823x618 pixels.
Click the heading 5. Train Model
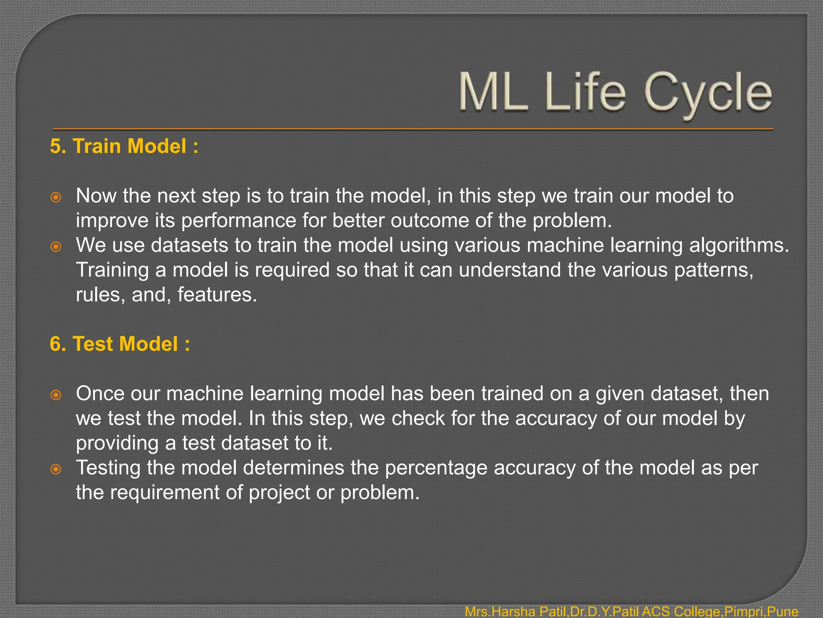pyautogui.click(x=124, y=146)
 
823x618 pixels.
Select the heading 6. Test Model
pyautogui.click(x=119, y=344)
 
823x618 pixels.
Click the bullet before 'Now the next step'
pyautogui.click(x=56, y=197)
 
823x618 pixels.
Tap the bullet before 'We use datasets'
pyautogui.click(x=56, y=246)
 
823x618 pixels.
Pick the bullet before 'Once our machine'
pyautogui.click(x=56, y=395)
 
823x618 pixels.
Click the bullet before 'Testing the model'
pyautogui.click(x=56, y=469)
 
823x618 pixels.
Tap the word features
pyautogui.click(x=217, y=295)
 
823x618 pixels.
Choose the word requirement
pyautogui.click(x=164, y=493)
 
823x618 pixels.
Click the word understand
pyautogui.click(x=510, y=270)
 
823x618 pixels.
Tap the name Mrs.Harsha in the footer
pyautogui.click(x=497, y=612)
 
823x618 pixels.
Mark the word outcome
pyautogui.click(x=429, y=220)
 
